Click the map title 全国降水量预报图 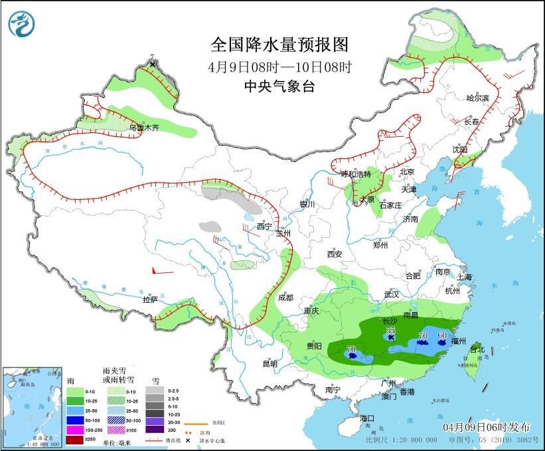pos(279,45)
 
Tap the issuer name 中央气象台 pos(279,85)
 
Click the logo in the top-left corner pos(22,24)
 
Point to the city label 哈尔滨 pos(477,98)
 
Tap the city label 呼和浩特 pos(356,174)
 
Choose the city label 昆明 pos(270,363)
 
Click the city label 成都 pos(285,298)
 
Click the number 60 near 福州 pos(442,335)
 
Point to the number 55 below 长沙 pos(391,330)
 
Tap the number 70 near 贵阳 pos(351,349)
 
